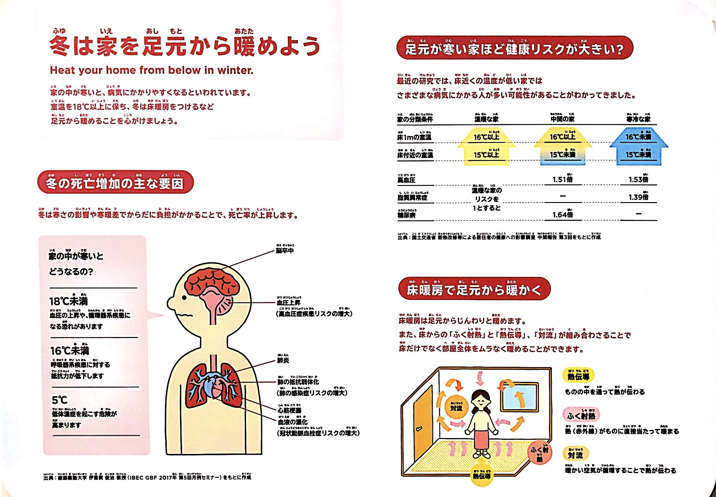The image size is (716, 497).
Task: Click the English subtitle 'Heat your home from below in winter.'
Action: pyautogui.click(x=152, y=70)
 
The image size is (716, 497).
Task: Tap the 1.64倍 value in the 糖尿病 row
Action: pyautogui.click(x=562, y=215)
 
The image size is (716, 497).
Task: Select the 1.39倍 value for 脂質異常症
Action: pyautogui.click(x=638, y=197)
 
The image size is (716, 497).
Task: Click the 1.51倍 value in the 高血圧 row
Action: pyautogui.click(x=562, y=179)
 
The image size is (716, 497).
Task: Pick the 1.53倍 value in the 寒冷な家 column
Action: pyautogui.click(x=638, y=179)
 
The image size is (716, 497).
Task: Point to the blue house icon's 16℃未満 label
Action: pyautogui.click(x=638, y=137)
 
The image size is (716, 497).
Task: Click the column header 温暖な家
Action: pyautogui.click(x=486, y=119)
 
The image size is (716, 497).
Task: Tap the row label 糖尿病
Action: pyautogui.click(x=406, y=215)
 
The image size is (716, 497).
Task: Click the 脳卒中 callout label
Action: pyautogui.click(x=284, y=251)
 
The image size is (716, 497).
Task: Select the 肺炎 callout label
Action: pyautogui.click(x=283, y=361)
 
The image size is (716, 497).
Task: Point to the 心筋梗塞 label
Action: pyautogui.click(x=289, y=410)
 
